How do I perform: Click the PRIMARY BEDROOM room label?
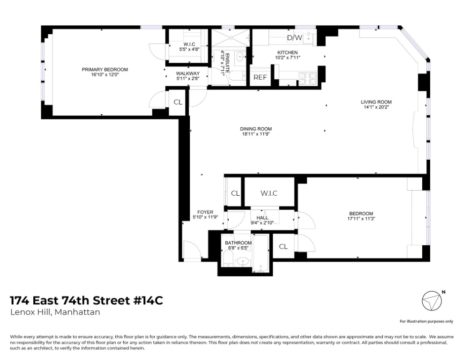click(105, 69)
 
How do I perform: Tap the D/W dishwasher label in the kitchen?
click(294, 37)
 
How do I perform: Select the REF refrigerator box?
click(260, 78)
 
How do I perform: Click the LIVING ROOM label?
click(376, 102)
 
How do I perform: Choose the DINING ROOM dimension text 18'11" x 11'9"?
click(255, 134)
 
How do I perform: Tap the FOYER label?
click(205, 212)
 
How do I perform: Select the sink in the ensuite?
click(240, 57)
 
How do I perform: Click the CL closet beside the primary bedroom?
click(178, 102)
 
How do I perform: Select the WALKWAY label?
click(188, 73)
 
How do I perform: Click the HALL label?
click(262, 218)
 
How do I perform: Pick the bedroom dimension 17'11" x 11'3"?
click(361, 218)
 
